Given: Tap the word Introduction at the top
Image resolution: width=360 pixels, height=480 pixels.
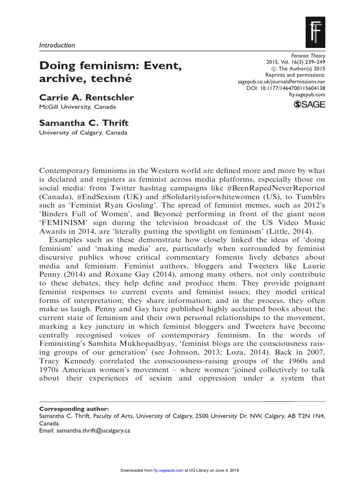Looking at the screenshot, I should tap(56, 45).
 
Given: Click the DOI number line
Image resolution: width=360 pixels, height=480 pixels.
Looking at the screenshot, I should tap(285, 88).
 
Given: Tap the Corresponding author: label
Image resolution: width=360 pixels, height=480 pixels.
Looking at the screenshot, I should tap(70, 408).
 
